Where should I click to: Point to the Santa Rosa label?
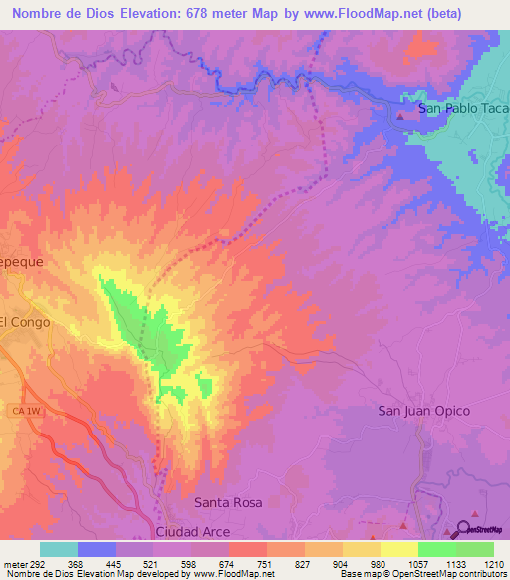(228, 503)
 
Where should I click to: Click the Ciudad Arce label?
(198, 532)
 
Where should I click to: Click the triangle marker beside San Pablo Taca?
(401, 116)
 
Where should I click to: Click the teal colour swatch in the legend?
(58, 549)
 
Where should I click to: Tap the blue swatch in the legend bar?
(96, 549)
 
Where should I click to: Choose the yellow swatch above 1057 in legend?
(398, 549)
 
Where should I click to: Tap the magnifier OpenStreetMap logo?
(463, 529)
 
